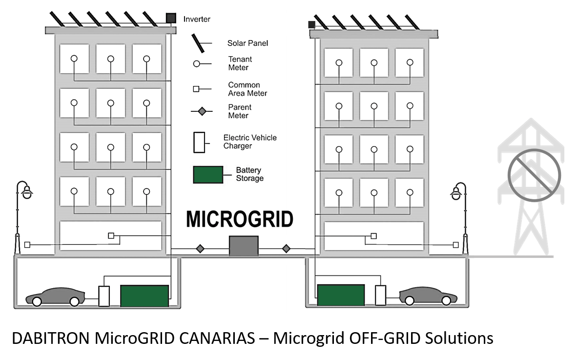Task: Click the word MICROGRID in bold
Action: tap(240, 219)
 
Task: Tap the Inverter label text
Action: tap(197, 19)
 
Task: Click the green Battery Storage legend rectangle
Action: tap(208, 174)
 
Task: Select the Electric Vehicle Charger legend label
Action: tap(249, 142)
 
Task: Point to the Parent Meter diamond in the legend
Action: tap(202, 111)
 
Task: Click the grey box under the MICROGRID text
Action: tap(244, 246)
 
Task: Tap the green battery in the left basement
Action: tap(145, 296)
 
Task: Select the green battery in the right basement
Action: tap(341, 295)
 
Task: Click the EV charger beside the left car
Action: tap(104, 296)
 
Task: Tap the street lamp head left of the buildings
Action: tap(27, 192)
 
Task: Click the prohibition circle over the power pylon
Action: tap(534, 175)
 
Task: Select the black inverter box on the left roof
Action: tap(171, 18)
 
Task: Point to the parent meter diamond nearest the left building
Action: tap(200, 249)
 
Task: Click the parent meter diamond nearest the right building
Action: tap(286, 249)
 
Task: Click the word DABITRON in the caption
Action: tap(51, 338)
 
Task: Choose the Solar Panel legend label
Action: tap(248, 43)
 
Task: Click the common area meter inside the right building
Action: tap(373, 236)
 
